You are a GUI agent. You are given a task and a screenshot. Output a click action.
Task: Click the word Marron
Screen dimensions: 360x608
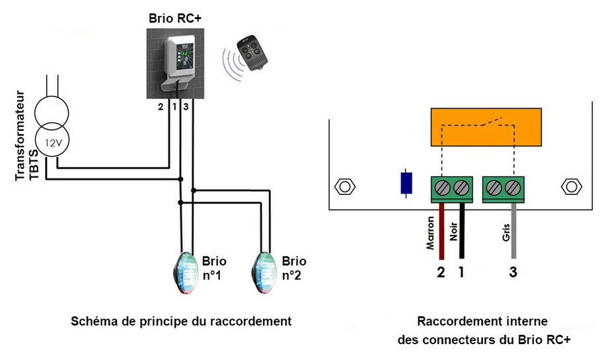[x=431, y=236]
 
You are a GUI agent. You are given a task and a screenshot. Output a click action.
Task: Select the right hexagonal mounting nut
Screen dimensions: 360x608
[x=569, y=186]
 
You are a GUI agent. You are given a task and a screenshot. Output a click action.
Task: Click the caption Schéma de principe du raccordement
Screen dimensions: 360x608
[x=181, y=322]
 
